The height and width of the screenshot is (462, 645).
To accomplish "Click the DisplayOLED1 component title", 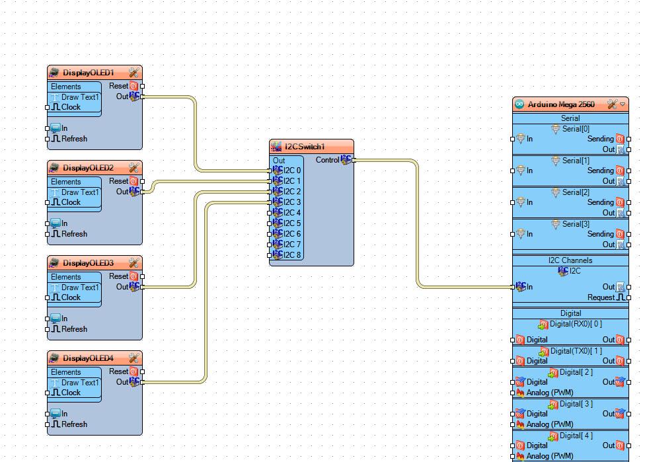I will [x=88, y=73].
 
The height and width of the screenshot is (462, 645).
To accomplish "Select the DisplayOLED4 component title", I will [x=88, y=358].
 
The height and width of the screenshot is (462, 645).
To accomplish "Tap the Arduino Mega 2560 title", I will [x=560, y=104].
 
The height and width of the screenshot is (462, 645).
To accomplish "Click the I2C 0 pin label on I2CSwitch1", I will [x=292, y=171].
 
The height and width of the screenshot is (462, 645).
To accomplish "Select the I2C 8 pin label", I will [x=292, y=255].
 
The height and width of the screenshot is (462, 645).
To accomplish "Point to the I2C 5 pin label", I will [x=292, y=223].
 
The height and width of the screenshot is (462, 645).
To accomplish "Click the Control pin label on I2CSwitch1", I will [x=327, y=160].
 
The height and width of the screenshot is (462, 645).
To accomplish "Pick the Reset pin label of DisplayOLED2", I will [x=118, y=181].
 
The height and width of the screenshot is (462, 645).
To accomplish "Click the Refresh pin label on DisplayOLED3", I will [x=74, y=329].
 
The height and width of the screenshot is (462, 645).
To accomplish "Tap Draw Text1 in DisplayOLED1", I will [x=80, y=97].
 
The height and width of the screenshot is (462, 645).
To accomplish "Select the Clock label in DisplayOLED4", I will [x=71, y=393].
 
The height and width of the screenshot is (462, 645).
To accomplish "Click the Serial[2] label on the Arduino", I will [x=576, y=192].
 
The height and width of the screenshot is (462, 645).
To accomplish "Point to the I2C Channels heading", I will [x=570, y=260].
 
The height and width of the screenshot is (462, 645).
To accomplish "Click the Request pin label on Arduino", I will [x=601, y=297].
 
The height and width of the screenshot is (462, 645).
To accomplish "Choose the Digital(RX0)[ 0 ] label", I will [x=576, y=324].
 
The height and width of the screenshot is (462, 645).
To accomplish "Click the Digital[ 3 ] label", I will [x=571, y=403].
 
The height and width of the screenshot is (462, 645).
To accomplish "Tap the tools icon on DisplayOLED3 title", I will [x=133, y=263].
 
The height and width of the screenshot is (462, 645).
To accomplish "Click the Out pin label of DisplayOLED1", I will [x=122, y=96].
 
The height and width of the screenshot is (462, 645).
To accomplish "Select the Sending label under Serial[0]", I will [x=600, y=139].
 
